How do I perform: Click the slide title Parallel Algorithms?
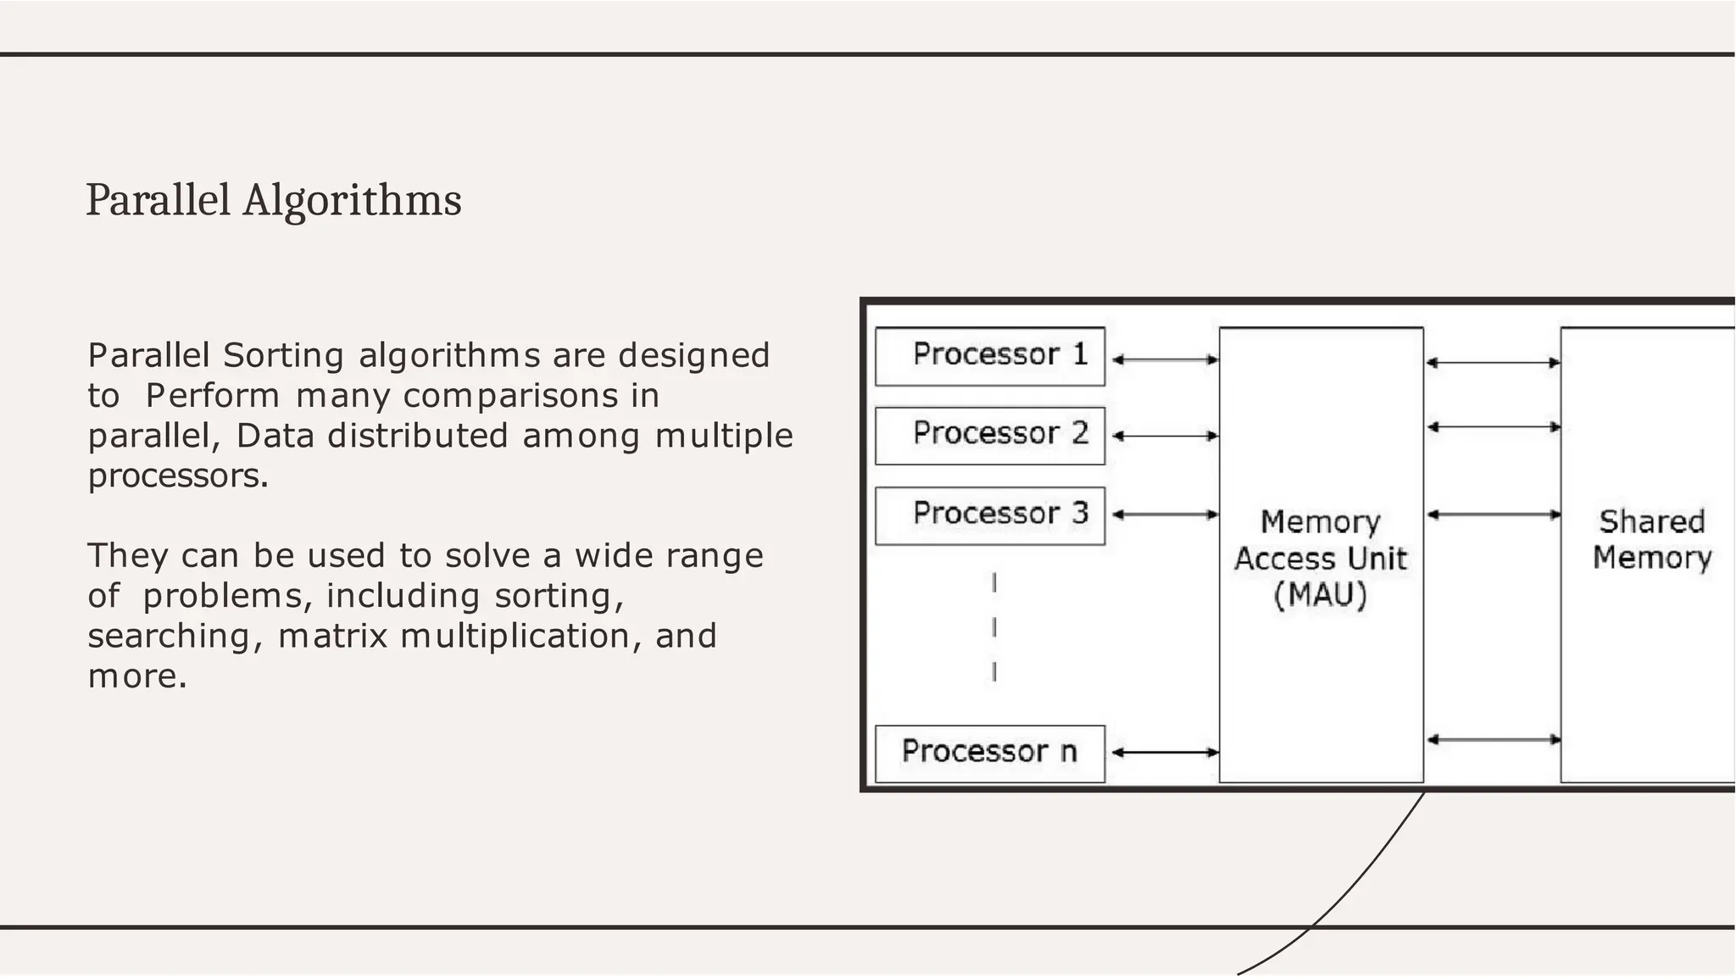(274, 201)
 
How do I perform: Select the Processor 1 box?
(990, 356)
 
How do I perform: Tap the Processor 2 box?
(990, 436)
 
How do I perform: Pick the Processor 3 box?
(990, 515)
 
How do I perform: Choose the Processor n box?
(990, 753)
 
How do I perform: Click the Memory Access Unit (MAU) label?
(1321, 558)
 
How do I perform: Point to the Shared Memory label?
(1651, 539)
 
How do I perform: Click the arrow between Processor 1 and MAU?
(1165, 359)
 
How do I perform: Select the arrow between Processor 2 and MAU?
(1165, 436)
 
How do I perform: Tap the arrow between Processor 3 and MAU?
(1165, 515)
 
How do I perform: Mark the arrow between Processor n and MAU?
(1165, 752)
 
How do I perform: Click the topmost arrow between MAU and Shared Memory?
(1493, 363)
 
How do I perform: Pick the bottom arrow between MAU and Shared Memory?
(1493, 740)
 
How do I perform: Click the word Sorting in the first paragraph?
(283, 355)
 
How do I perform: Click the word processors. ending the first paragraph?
(178, 476)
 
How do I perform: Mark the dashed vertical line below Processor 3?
(993, 627)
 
